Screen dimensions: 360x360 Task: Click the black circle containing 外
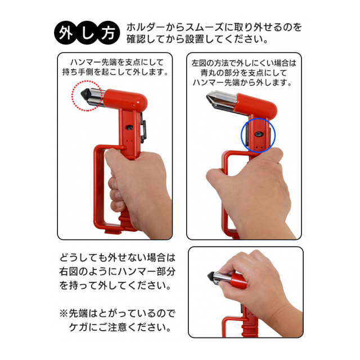click(66, 33)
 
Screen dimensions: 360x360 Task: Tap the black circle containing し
click(87, 33)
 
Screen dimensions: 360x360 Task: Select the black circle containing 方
click(109, 33)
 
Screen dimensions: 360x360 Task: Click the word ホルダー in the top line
click(146, 28)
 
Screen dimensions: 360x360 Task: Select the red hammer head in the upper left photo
click(126, 99)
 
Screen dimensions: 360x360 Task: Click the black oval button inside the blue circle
click(258, 134)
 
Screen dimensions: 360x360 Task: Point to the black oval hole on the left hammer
click(129, 127)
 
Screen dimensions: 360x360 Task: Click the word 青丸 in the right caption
click(208, 73)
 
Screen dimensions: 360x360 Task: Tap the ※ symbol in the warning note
click(63, 313)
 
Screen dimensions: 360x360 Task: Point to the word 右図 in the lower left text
click(69, 272)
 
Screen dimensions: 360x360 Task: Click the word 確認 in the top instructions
click(136, 39)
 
